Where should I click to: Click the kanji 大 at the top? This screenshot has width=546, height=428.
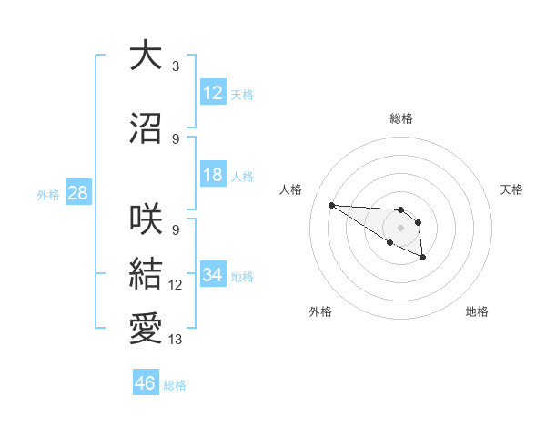[x=146, y=56]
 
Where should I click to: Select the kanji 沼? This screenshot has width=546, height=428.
[x=146, y=129]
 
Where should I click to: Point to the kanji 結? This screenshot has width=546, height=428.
[x=146, y=275]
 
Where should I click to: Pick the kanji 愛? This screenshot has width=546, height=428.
[x=146, y=329]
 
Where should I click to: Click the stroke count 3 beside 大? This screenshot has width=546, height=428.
[x=175, y=66]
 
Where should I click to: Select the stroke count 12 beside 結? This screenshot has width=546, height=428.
[x=176, y=285]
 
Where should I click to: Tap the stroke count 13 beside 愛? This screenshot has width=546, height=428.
[x=176, y=340]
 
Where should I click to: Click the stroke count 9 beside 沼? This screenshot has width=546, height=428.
[x=175, y=139]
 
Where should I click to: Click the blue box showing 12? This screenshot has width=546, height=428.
[x=213, y=93]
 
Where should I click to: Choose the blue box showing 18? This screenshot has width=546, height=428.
[x=213, y=175]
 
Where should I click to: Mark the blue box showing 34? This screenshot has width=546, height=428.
[x=213, y=275]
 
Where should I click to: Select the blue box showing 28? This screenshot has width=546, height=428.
[x=77, y=193]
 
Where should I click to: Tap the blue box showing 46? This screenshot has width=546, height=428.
[x=146, y=383]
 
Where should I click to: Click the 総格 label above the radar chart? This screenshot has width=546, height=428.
[x=401, y=118]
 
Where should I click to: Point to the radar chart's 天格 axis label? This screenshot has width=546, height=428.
[x=512, y=189]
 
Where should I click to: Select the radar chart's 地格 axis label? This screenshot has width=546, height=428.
[x=477, y=311]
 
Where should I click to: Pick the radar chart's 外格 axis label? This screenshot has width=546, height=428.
[x=320, y=311]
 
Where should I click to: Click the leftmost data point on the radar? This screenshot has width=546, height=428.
[x=331, y=205]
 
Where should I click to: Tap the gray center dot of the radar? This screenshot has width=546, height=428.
[x=400, y=227]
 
